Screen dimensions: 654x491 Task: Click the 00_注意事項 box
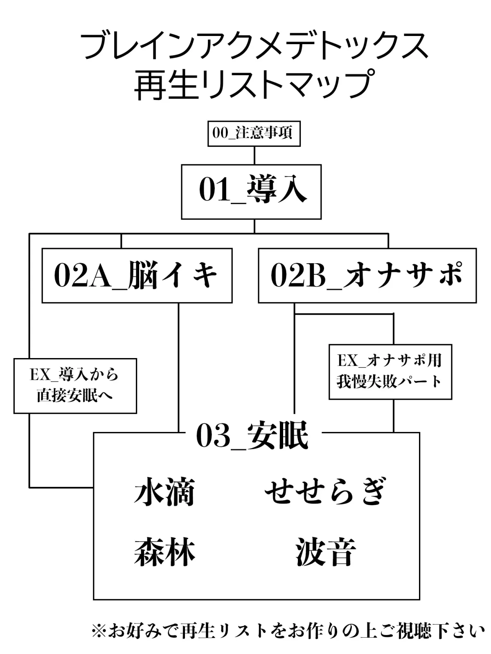pyautogui.click(x=254, y=133)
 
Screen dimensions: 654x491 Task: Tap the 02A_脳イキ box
pyautogui.click(x=137, y=275)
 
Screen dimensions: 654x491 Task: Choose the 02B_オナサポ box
pyautogui.click(x=367, y=275)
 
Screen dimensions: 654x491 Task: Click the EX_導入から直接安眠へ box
pyautogui.click(x=75, y=385)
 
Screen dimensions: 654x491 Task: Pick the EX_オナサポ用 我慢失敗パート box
pyautogui.click(x=390, y=372)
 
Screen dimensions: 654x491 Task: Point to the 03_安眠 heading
pyautogui.click(x=252, y=436)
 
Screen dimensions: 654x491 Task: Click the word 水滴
pyautogui.click(x=164, y=492)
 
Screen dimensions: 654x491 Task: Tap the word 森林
pyautogui.click(x=164, y=552)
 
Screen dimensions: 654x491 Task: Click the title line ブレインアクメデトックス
pyautogui.click(x=254, y=46)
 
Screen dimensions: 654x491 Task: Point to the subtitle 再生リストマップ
pyautogui.click(x=254, y=85)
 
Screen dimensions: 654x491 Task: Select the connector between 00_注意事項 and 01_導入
pyautogui.click(x=255, y=156)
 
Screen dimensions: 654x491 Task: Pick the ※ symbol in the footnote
pyautogui.click(x=99, y=631)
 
